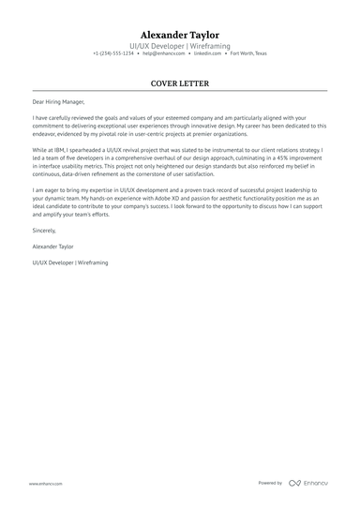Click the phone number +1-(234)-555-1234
[x=113, y=53]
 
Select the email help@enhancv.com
[x=163, y=53]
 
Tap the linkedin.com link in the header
[x=208, y=53]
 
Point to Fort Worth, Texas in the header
[x=248, y=53]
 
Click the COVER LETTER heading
[x=180, y=83]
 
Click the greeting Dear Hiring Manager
[x=58, y=102]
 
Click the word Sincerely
[x=44, y=229]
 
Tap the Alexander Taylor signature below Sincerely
[x=52, y=246]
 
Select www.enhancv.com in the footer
[x=45, y=484]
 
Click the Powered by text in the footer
[x=269, y=483]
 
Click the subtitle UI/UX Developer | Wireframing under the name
[x=180, y=45]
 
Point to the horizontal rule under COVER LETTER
[x=180, y=91]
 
